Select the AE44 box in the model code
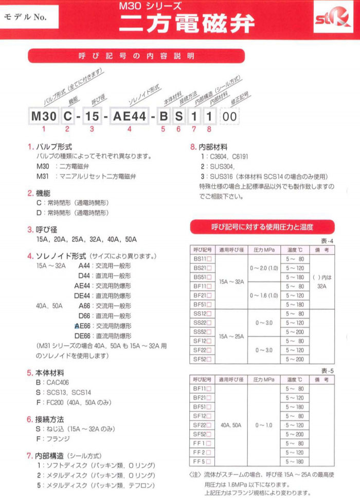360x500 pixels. point(130,116)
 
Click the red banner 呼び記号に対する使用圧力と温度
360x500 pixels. point(262,226)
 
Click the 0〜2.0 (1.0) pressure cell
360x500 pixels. point(264,268)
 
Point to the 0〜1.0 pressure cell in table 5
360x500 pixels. point(263,425)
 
